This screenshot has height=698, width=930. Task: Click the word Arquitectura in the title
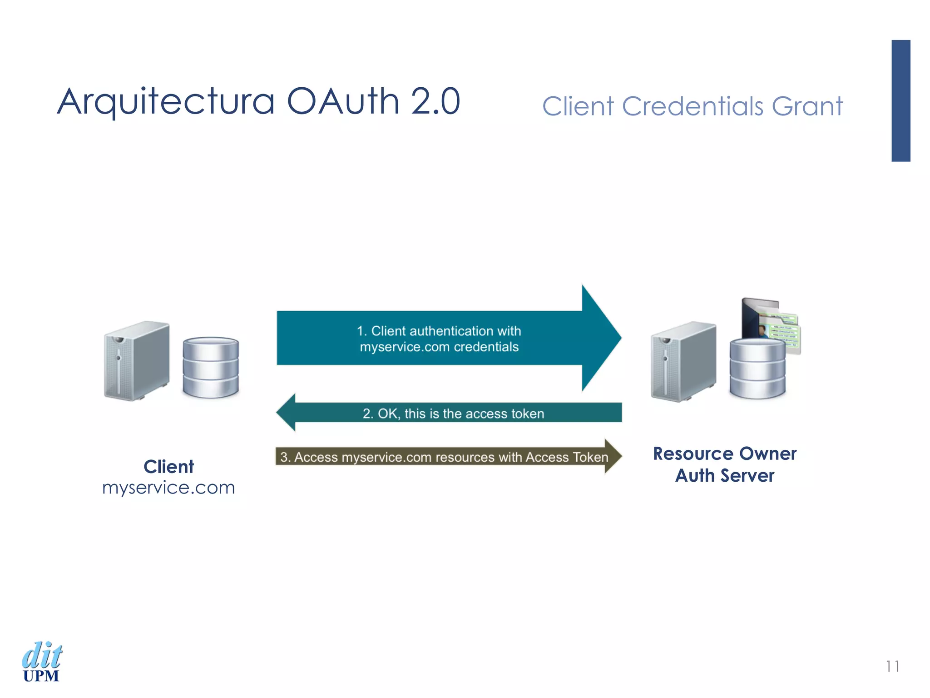[166, 101]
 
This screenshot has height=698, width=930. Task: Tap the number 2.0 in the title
[435, 101]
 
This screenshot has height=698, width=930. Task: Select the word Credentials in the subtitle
[693, 106]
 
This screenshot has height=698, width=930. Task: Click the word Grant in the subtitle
[807, 106]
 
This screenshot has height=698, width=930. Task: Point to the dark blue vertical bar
[900, 100]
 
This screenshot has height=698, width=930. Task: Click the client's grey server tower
[137, 361]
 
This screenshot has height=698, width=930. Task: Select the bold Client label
[168, 467]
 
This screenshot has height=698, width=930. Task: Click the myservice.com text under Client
[168, 488]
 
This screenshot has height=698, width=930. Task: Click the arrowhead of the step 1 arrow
[599, 338]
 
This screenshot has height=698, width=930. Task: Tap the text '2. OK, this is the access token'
[453, 414]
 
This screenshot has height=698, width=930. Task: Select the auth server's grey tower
[683, 361]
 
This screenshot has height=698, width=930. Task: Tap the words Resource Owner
[725, 454]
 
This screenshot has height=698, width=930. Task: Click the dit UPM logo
[42, 662]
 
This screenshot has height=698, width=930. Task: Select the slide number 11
[892, 666]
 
